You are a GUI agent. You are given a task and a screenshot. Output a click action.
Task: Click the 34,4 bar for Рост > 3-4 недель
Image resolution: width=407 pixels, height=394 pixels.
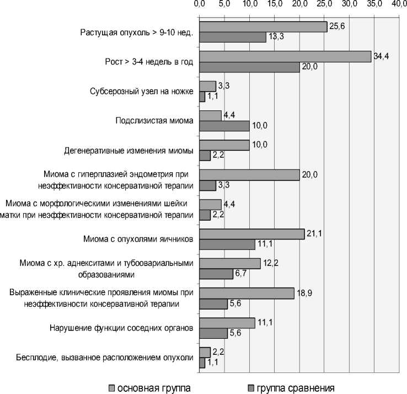click(285, 56)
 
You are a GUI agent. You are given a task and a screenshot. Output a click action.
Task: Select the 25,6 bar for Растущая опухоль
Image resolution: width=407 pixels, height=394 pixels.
click(263, 26)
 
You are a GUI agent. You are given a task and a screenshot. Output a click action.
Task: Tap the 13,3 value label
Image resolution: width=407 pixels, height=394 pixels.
click(275, 38)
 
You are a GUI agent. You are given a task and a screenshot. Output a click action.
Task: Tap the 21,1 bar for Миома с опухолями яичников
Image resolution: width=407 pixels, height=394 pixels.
click(251, 233)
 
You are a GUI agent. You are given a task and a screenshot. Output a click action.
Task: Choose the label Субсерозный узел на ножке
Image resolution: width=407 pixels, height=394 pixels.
click(141, 91)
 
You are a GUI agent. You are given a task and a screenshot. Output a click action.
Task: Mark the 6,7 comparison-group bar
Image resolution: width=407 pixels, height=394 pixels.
click(216, 274)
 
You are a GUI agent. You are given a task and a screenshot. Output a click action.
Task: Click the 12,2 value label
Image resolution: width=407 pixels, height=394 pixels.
click(270, 264)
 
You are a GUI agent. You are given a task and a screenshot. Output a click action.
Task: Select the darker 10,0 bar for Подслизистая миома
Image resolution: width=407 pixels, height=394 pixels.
click(224, 126)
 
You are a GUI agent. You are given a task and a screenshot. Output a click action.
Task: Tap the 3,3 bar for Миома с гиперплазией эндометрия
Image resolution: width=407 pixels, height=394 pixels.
click(208, 185)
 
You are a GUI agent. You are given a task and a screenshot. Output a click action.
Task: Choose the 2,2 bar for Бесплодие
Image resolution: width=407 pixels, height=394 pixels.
click(205, 352)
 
